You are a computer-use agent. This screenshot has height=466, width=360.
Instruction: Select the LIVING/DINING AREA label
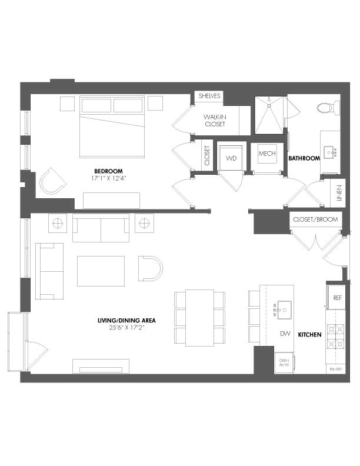(126, 321)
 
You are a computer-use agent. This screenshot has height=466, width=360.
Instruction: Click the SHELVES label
(209, 96)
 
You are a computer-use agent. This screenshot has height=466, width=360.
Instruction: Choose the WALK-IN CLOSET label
(215, 120)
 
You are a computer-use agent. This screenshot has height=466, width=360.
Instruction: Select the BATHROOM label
(304, 158)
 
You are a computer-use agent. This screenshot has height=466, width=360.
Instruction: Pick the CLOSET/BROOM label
(315, 219)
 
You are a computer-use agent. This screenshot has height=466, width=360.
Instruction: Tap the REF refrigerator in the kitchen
(337, 298)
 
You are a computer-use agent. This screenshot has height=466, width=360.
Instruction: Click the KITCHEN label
(309, 335)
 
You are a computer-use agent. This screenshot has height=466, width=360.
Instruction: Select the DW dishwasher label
(285, 334)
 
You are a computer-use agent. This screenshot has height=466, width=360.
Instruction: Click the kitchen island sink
(285, 307)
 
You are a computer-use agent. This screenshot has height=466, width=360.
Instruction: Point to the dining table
(199, 318)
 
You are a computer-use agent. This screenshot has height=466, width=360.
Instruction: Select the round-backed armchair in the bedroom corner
(52, 181)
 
